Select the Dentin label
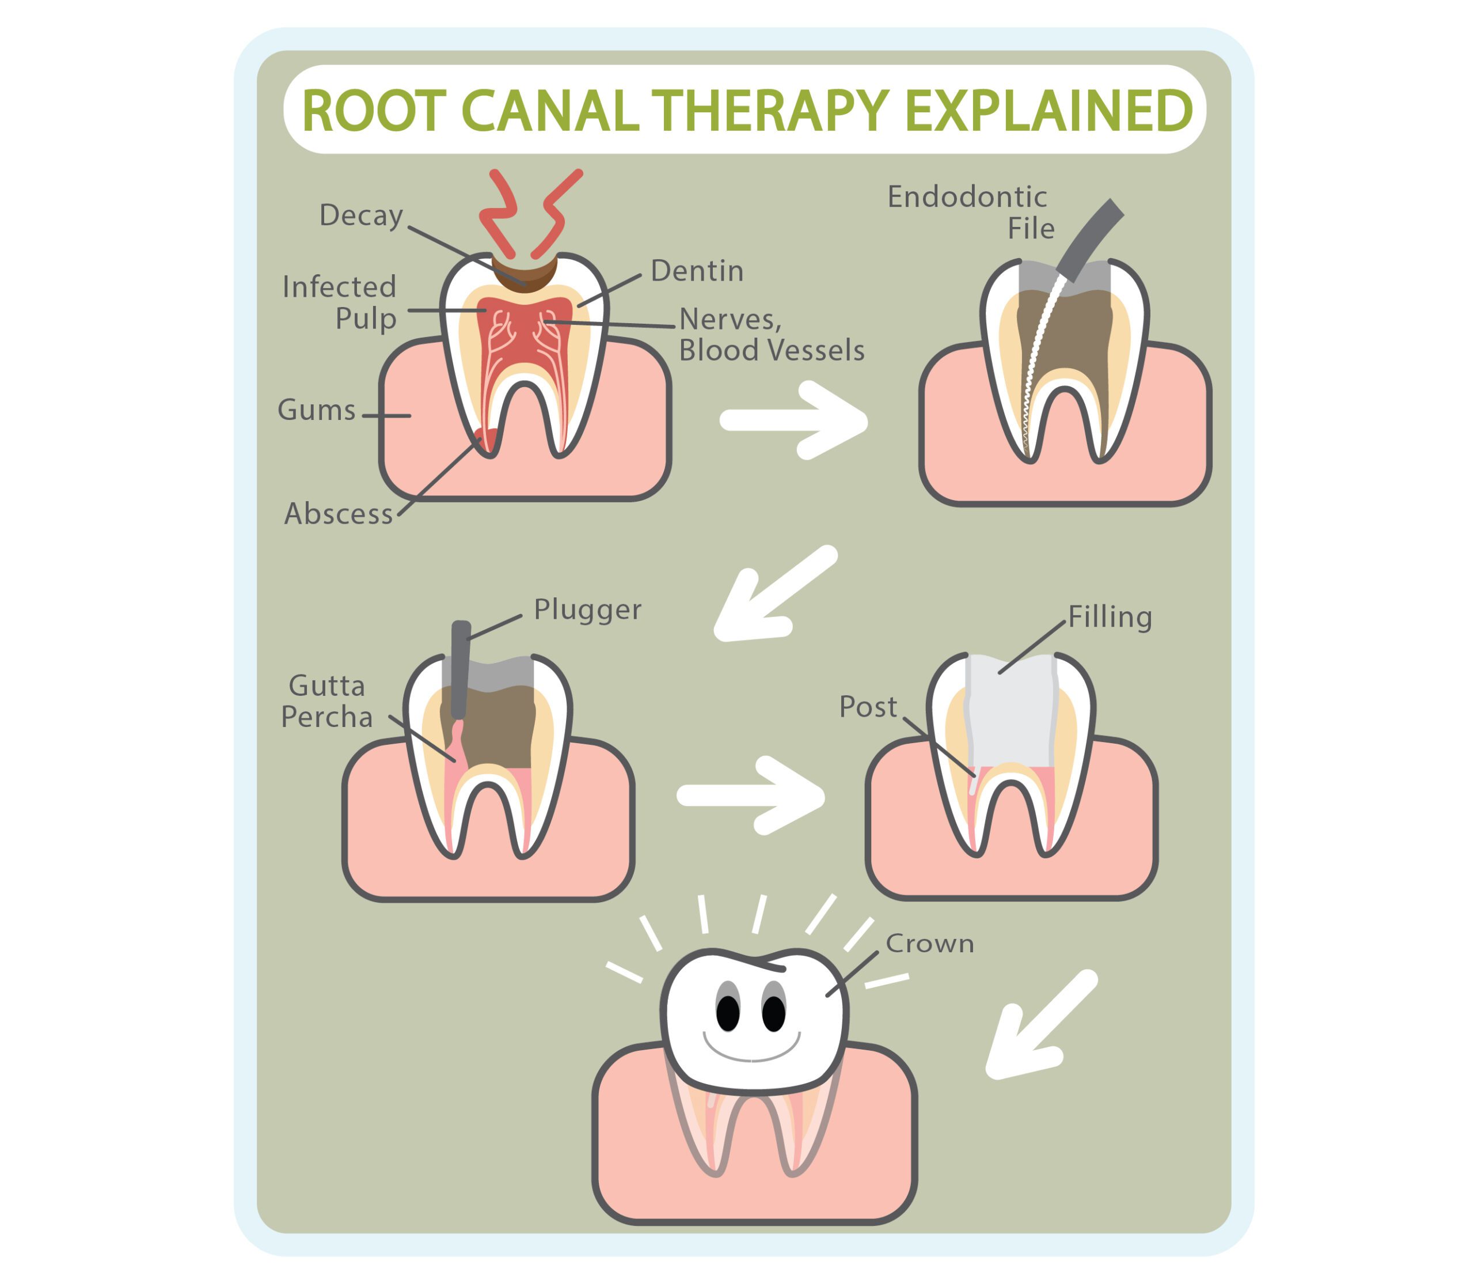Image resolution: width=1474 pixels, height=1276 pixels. (697, 271)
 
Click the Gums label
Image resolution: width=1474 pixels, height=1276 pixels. (316, 410)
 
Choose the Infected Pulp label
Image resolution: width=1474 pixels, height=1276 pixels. (340, 302)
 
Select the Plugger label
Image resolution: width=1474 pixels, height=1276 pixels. (587, 609)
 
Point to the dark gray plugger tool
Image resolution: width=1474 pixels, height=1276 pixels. (461, 669)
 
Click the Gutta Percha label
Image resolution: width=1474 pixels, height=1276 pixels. (326, 702)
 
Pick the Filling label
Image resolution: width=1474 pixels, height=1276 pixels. (1110, 616)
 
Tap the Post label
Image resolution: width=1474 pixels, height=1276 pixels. (868, 707)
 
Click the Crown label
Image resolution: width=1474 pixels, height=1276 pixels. (929, 944)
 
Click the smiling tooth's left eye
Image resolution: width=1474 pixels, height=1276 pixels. (727, 1012)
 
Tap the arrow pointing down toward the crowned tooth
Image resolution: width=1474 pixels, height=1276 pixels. (1039, 1026)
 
